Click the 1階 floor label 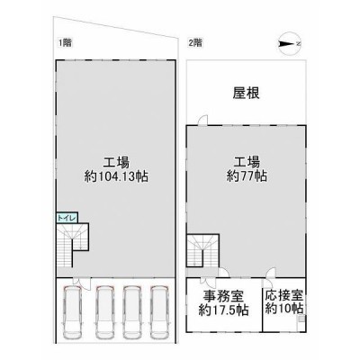(x=65, y=43)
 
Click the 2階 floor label (x=195, y=43)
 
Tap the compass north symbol (x=289, y=44)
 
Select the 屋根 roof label (x=246, y=94)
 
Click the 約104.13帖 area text (x=116, y=177)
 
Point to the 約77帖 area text (x=247, y=176)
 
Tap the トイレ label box (x=67, y=218)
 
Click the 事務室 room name (x=223, y=297)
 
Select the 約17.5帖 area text (x=223, y=310)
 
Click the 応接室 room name (x=284, y=295)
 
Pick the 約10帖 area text (x=284, y=309)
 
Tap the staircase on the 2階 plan (x=202, y=250)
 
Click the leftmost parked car (x=73, y=313)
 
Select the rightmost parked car (x=161, y=313)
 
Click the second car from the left (x=105, y=313)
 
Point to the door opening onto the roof (x=202, y=120)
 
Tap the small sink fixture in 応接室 (x=301, y=322)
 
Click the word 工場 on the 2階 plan (x=247, y=163)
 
